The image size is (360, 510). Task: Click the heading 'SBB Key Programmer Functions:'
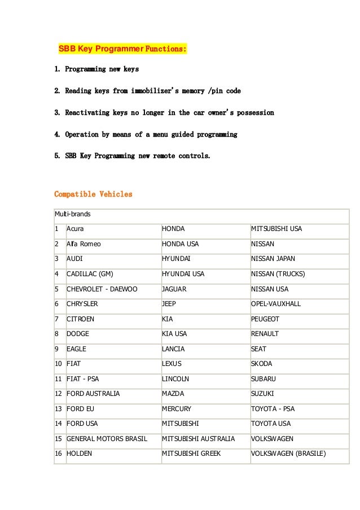click(122, 49)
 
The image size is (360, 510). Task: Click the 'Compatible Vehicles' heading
click(93, 194)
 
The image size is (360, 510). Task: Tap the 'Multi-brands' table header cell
click(73, 215)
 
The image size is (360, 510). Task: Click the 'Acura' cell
click(76, 229)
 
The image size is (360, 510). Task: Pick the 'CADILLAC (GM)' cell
click(90, 274)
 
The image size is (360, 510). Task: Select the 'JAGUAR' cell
click(174, 289)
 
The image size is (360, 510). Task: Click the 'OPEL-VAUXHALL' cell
click(275, 304)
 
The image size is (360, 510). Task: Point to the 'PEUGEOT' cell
click(265, 319)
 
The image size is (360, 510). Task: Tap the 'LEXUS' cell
click(172, 364)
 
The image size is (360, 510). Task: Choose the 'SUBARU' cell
click(264, 378)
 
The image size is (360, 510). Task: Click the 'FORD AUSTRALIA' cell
click(93, 394)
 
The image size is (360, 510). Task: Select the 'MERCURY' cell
click(177, 408)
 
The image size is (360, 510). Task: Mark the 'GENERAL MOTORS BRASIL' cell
click(107, 438)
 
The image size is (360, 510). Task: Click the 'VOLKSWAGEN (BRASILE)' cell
click(288, 453)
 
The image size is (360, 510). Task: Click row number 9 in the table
click(57, 349)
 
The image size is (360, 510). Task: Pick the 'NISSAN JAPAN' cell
click(273, 259)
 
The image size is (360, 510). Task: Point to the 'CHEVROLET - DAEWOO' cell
click(102, 289)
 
